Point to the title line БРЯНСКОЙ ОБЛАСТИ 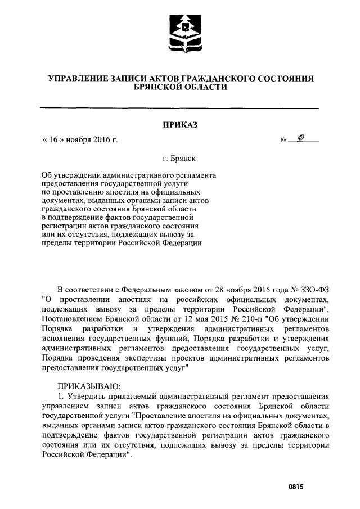(180, 88)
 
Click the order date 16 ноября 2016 (80, 139)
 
